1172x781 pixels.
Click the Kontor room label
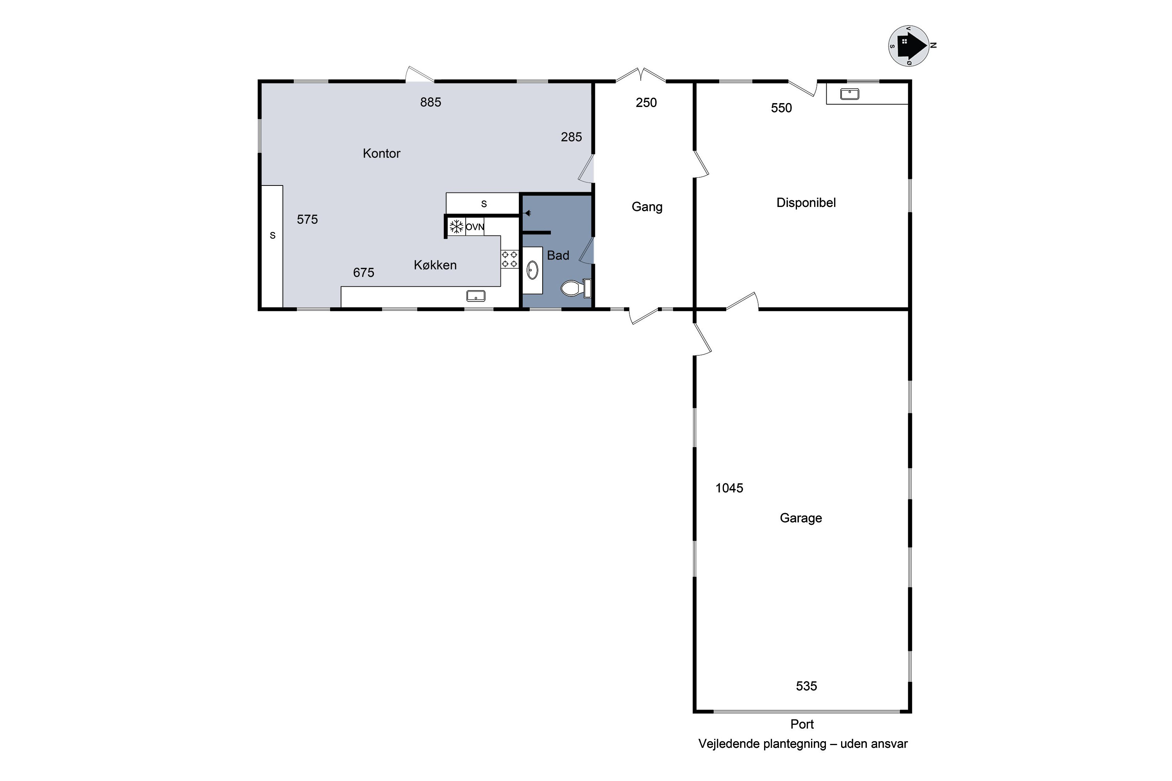coord(381,153)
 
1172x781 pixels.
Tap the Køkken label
coord(435,265)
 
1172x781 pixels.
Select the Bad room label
coord(558,255)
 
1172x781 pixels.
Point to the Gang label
coord(647,207)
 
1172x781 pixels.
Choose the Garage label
coord(801,518)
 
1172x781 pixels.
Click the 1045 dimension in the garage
coord(729,488)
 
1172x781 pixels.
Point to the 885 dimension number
coord(431,102)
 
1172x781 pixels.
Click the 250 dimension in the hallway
coord(646,103)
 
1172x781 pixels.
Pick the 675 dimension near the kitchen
coord(363,273)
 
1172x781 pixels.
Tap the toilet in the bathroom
coord(575,288)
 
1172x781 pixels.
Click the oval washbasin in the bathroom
coord(532,271)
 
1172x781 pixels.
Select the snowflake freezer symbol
coord(456,226)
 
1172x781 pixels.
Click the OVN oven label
coord(475,227)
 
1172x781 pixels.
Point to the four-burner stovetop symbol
coord(509,259)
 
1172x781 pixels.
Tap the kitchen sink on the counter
coord(476,296)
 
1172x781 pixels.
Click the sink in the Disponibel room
coord(850,94)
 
